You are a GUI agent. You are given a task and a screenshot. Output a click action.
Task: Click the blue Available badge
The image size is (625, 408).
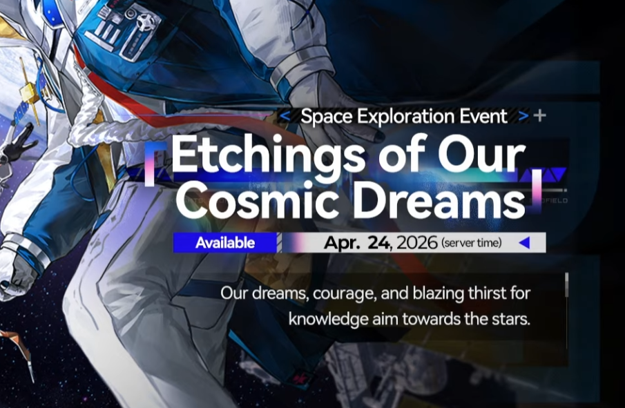tap(224, 243)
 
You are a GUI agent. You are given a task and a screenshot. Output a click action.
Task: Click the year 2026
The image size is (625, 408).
tap(414, 243)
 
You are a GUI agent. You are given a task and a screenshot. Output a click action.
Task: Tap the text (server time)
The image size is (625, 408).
tap(472, 243)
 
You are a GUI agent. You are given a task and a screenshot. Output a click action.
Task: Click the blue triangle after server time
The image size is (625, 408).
tap(523, 242)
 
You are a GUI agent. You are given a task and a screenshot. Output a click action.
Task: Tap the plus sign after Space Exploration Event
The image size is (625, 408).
tap(540, 115)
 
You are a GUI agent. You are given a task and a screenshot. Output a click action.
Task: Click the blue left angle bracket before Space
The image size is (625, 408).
tap(285, 116)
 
